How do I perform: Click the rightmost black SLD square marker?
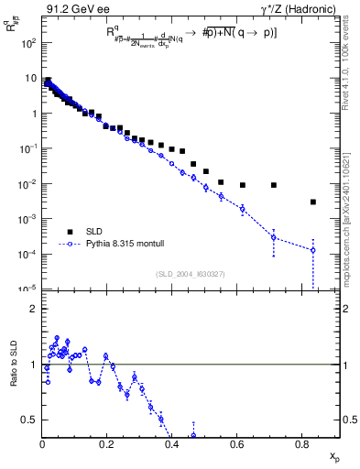tap(313, 202)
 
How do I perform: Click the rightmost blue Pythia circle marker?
tap(313, 250)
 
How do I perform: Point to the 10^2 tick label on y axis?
tap(31, 43)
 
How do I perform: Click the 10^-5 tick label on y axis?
tap(30, 289)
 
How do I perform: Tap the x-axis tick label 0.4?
tap(171, 444)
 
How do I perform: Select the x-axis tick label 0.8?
tap(301, 444)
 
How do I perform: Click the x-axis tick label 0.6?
tap(236, 444)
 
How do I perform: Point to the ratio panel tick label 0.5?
tap(31, 420)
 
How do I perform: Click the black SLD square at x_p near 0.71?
tap(274, 185)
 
